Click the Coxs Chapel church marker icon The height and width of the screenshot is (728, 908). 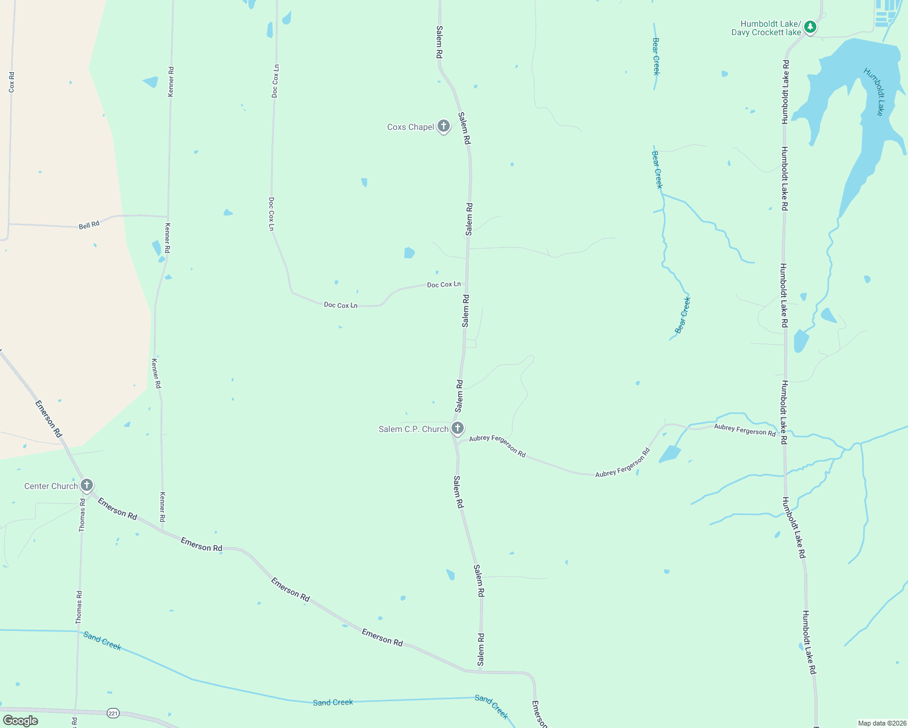pos(444,126)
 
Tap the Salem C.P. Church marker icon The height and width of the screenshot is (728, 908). pos(458,428)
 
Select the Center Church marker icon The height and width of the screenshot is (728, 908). pos(87,485)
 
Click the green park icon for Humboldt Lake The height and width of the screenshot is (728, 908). pos(810,27)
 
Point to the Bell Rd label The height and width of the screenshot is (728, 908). pos(89,225)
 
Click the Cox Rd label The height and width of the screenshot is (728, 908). pos(12,82)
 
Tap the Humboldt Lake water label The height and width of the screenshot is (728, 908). pos(873,92)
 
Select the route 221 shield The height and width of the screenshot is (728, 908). pos(113,713)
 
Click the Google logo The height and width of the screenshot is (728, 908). pos(21,720)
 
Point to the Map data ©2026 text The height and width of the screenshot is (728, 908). pos(881,723)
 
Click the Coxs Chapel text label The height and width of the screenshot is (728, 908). pos(411,127)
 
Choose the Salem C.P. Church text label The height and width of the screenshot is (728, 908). pos(413,429)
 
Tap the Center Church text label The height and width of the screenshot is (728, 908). pos(51,486)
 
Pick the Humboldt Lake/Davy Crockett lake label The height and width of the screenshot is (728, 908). pos(766,29)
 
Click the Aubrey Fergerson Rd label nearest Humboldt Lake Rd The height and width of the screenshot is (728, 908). pos(745,430)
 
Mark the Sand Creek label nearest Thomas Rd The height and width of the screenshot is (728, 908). pos(103,641)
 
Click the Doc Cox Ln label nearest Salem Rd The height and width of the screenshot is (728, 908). pos(444,285)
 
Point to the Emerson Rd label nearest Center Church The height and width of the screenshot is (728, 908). pos(117,508)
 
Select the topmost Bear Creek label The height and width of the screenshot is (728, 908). pos(656,56)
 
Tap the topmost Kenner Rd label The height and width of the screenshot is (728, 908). pos(171,81)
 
